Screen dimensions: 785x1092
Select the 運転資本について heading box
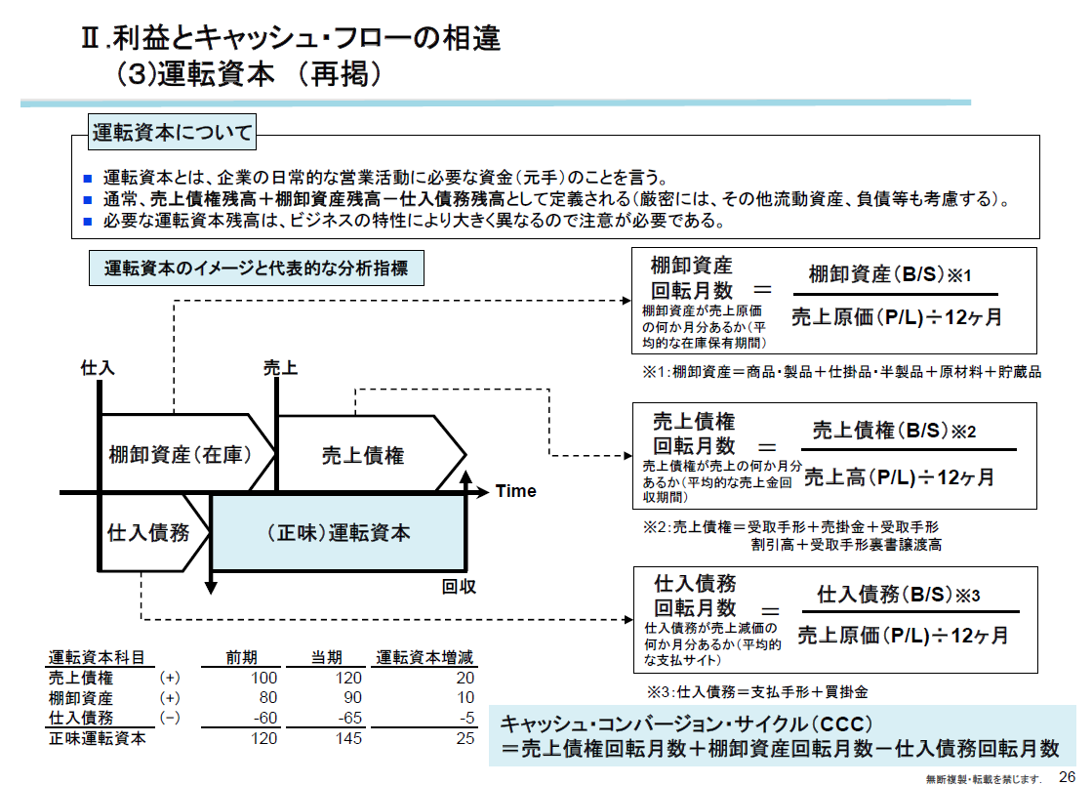172,133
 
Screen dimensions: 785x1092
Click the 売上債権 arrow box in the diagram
363,454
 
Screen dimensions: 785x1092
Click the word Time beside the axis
515,491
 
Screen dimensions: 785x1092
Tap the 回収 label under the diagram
459,587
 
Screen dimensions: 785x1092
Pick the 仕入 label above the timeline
98,368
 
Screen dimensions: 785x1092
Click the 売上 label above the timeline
279,368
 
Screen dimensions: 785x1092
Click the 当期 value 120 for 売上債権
348,679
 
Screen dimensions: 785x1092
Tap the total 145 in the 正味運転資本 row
348,739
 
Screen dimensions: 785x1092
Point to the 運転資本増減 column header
425,657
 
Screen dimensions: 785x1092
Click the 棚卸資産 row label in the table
81,699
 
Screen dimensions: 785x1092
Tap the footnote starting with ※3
757,691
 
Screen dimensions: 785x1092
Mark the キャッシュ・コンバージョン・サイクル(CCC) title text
685,724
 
